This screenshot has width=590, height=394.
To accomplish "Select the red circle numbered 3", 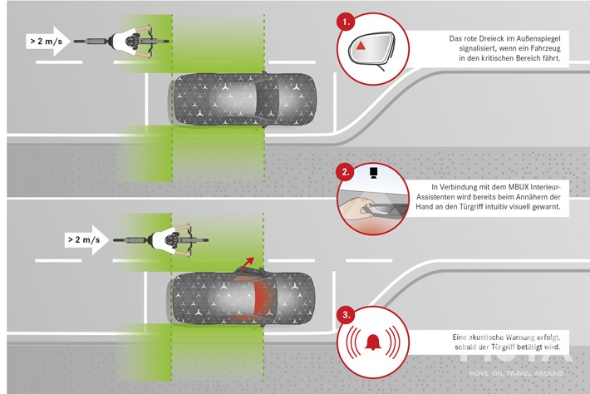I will coord(347,314).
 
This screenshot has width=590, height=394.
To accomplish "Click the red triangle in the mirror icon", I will coord(365,47).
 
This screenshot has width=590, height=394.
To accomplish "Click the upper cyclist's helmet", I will coord(133,40).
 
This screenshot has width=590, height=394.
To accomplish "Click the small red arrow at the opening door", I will coord(246,264).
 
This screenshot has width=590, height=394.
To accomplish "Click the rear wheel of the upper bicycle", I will coord(87,40).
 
